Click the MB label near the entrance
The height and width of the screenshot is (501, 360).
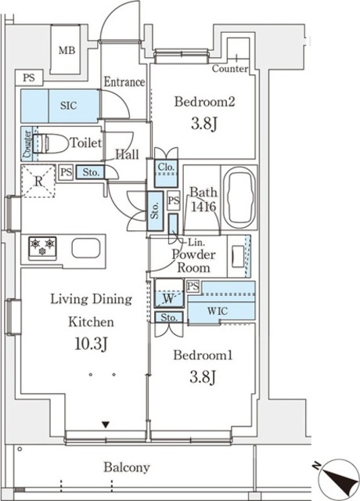[x=67, y=50]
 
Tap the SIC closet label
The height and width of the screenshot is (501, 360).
[x=69, y=106]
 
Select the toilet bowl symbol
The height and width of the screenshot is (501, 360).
[x=50, y=143]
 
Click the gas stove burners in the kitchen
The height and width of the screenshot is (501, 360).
[x=42, y=247]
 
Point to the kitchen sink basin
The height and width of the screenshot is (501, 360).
[x=86, y=248]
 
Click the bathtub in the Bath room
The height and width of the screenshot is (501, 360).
[x=239, y=197]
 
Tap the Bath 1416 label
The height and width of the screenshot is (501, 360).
[x=203, y=200]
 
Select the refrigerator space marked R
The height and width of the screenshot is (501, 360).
[x=38, y=181]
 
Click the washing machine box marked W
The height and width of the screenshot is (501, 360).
[x=169, y=293]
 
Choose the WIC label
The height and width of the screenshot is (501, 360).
[x=218, y=311]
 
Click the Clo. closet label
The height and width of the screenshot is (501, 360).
[x=166, y=167]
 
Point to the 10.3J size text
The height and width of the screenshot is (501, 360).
[x=91, y=344]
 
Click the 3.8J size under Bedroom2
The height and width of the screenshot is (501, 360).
[x=204, y=124]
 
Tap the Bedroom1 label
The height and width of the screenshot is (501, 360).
[x=203, y=355]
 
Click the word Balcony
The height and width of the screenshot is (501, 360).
[x=127, y=468]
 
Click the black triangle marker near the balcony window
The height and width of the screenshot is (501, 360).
[x=106, y=424]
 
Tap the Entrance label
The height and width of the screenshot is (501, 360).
[x=124, y=82]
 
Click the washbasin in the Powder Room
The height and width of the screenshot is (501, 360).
[x=236, y=256]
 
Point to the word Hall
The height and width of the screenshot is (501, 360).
[x=127, y=155]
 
